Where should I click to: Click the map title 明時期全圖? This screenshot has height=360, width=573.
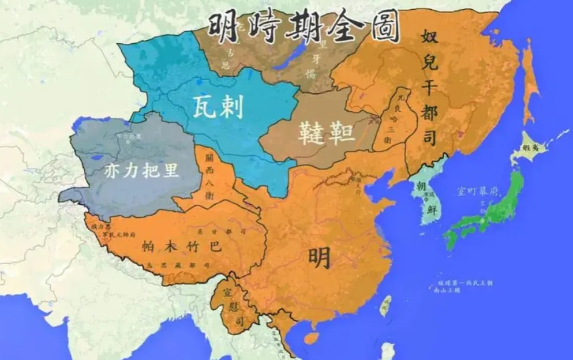304,27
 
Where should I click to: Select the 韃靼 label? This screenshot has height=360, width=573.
327,133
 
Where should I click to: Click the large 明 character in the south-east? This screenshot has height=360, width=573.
319,258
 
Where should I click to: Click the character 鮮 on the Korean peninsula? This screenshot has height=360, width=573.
430,209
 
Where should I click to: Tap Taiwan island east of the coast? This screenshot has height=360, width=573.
387,305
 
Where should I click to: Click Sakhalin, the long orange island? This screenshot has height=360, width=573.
530,81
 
